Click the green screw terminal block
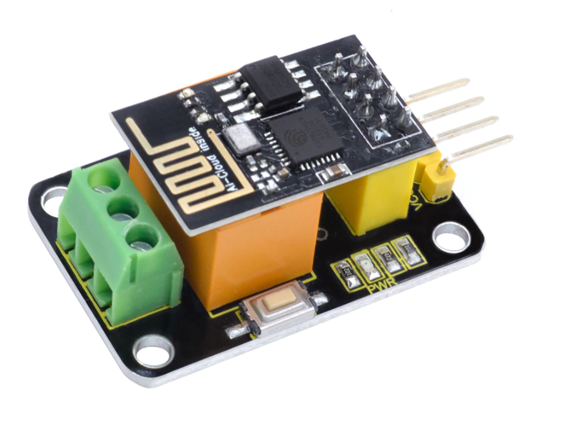pyautogui.click(x=116, y=244)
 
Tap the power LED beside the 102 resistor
pyautogui.click(x=368, y=265)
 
